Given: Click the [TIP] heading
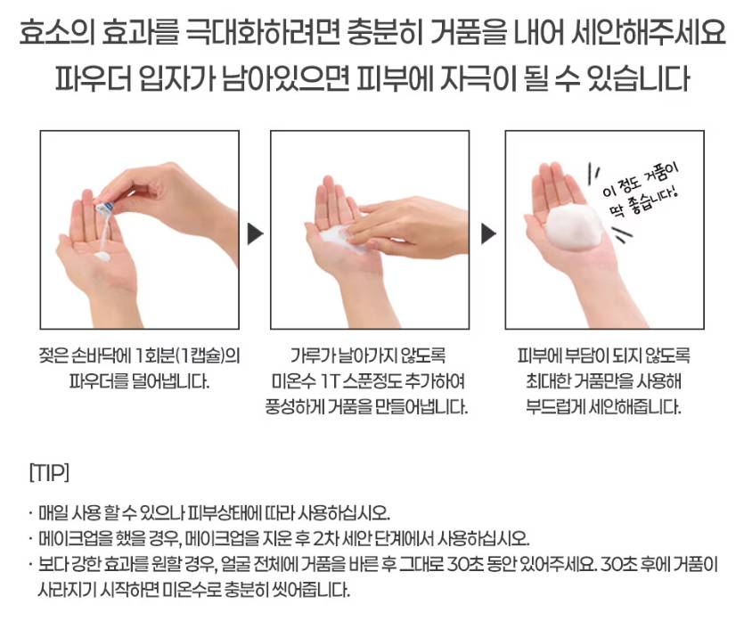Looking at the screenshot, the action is point(49,473).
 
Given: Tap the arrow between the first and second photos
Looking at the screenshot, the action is point(255,234).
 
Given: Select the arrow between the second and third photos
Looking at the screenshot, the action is point(488,234).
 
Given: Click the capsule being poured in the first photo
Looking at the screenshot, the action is point(104,208).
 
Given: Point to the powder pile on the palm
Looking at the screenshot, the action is point(102,257).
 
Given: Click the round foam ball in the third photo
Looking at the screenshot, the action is point(573,228).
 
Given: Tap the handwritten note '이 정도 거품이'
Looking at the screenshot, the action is point(641,180).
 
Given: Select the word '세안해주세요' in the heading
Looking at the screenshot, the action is point(648,32).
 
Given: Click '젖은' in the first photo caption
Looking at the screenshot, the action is point(53,355).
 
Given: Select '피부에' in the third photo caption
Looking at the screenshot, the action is point(537,355).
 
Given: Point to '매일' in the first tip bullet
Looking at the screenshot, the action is point(53,513).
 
